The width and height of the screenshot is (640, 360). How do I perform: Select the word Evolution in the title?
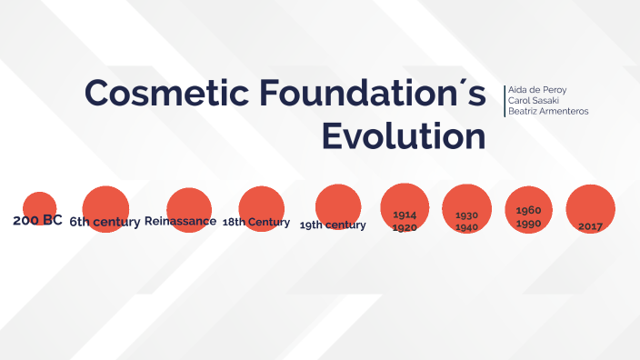(404, 136)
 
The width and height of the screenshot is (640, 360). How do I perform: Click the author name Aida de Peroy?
(536, 88)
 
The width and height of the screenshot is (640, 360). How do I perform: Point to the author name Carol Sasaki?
(534, 99)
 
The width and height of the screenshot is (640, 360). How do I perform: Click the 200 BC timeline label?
(37, 220)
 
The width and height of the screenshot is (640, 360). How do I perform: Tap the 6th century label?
(105, 222)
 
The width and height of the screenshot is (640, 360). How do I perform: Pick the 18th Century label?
(256, 222)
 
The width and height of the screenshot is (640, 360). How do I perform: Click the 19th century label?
(333, 225)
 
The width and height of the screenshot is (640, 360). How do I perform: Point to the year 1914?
(405, 215)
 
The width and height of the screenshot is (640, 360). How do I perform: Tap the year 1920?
(405, 227)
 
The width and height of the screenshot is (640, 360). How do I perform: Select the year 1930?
(466, 215)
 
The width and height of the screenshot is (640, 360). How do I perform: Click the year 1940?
(466, 227)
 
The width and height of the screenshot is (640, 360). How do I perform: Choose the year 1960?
(528, 210)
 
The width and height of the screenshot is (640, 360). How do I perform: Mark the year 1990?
(528, 224)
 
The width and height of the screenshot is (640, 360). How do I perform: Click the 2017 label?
(590, 226)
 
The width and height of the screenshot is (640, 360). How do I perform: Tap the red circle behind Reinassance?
(189, 202)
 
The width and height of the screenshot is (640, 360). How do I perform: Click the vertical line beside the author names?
(504, 100)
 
